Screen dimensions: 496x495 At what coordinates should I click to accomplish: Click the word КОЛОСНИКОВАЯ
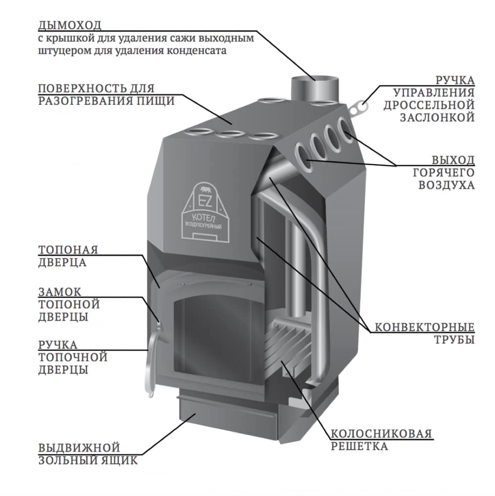381,434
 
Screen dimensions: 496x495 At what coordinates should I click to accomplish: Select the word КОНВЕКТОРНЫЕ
425,327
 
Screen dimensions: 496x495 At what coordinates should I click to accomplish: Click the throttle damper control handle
360,105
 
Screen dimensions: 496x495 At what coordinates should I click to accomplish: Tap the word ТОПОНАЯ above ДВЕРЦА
68,249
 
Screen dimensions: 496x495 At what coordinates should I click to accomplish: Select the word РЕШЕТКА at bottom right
360,446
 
